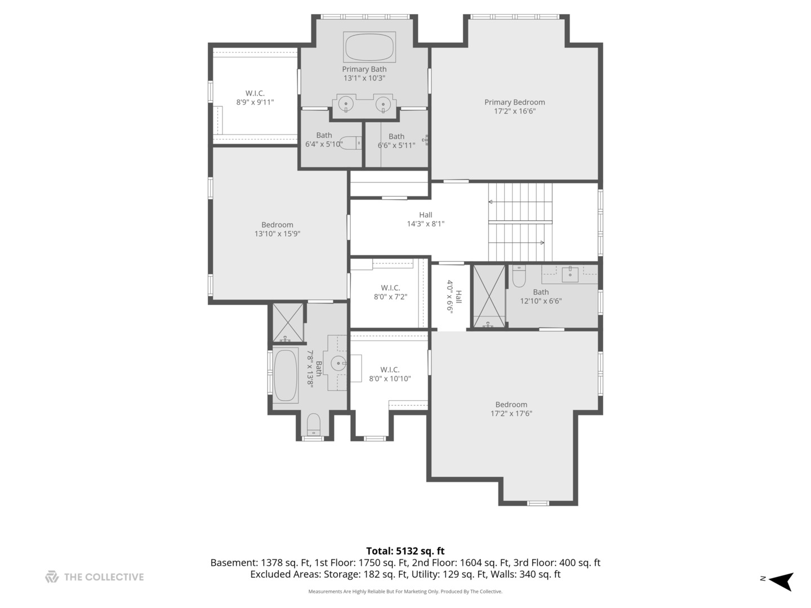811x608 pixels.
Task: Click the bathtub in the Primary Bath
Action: (369, 47)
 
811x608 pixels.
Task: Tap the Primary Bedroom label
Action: (514, 102)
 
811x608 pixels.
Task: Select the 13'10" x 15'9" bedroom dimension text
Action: (277, 234)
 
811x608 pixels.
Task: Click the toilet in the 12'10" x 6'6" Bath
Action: (519, 276)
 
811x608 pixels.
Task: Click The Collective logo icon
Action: (52, 576)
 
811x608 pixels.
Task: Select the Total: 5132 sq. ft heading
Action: (405, 551)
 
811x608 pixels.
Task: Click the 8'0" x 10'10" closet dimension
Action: (390, 379)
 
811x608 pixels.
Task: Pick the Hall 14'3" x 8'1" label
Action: (426, 220)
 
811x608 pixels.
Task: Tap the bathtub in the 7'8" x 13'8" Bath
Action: (285, 375)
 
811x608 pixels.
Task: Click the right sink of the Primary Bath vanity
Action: (383, 104)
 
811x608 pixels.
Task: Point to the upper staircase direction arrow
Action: (520, 202)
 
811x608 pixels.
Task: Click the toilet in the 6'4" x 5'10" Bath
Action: (350, 143)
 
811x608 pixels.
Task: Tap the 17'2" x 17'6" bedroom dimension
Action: (511, 413)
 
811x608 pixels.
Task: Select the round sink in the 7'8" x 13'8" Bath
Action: (338, 363)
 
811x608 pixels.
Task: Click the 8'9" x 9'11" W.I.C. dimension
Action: (255, 102)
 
